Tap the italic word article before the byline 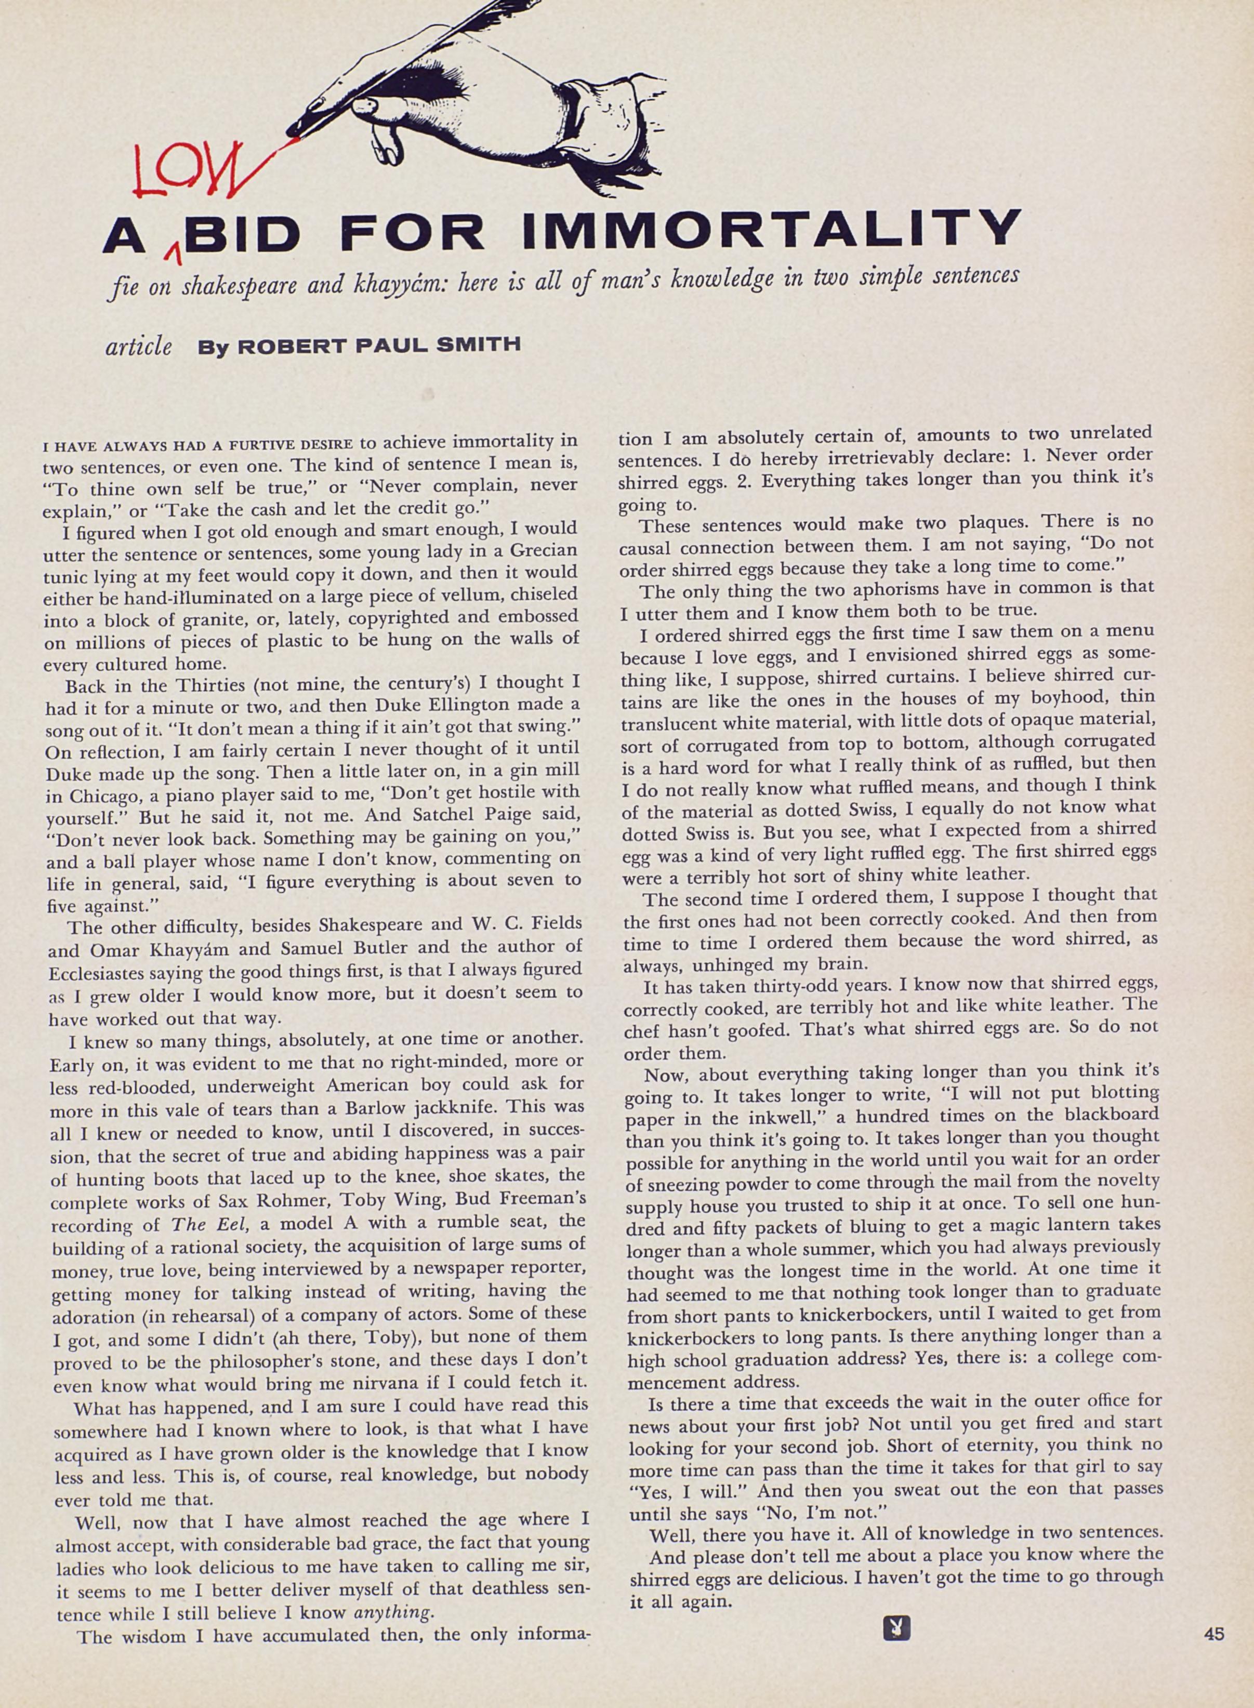[x=138, y=347]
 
